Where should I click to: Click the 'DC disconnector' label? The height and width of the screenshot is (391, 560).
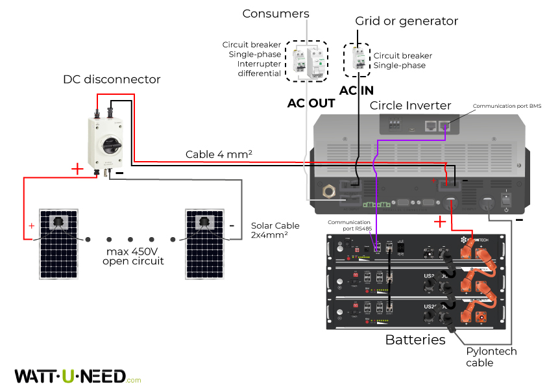tap(111, 79)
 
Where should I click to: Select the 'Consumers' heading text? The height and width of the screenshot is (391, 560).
tap(276, 14)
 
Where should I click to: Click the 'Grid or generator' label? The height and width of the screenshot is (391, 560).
tap(406, 21)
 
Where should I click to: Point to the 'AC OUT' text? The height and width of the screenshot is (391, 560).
tap(311, 103)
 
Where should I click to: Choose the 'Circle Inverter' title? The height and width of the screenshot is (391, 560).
tap(410, 105)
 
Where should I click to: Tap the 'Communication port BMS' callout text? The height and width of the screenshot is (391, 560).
tap(507, 105)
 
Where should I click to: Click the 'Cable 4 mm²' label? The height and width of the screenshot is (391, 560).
tap(219, 154)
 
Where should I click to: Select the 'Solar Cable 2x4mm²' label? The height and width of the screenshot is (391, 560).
tap(275, 230)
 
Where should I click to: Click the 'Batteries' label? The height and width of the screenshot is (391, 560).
tap(415, 340)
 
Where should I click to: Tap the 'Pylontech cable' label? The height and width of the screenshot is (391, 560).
tap(491, 357)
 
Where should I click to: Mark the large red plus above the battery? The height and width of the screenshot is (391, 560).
tap(439, 222)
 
